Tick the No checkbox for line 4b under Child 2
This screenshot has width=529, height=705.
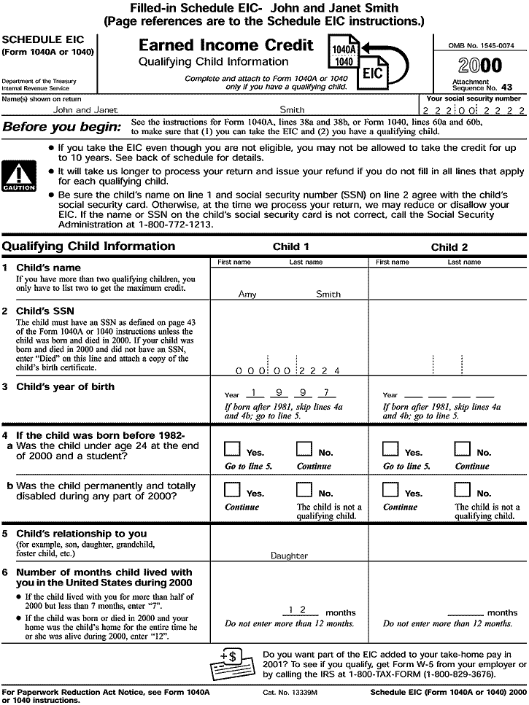coord(463,490)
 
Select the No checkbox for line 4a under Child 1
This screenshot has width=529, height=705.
coord(304,449)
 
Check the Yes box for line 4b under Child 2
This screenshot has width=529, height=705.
coord(392,490)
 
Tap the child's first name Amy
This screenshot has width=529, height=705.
coord(247,295)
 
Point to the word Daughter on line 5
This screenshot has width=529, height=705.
coord(289,556)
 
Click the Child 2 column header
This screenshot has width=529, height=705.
coord(449,247)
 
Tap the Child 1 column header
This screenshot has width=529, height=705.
coord(290,247)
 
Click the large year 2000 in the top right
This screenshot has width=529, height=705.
coord(480,66)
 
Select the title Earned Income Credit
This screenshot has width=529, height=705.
coord(226,46)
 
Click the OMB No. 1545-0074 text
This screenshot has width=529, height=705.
coord(481,45)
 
